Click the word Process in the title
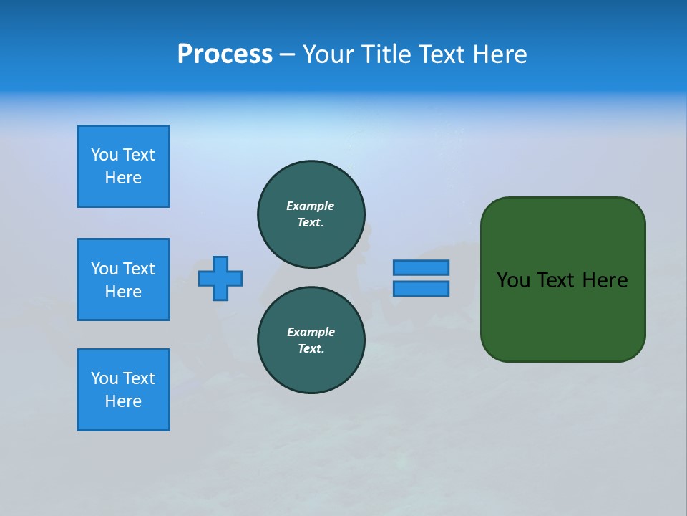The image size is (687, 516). (x=225, y=54)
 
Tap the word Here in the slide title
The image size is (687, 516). (x=498, y=54)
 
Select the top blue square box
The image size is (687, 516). (x=123, y=166)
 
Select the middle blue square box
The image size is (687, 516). (x=123, y=279)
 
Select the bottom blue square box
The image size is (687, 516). (x=123, y=390)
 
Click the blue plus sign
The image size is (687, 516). (x=220, y=278)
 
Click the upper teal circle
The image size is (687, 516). (x=311, y=214)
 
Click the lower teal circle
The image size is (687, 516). (x=311, y=340)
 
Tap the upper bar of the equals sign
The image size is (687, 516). (x=421, y=267)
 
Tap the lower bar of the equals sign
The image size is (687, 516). (x=421, y=288)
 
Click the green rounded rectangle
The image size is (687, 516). (x=563, y=315)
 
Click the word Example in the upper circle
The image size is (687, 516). (x=311, y=206)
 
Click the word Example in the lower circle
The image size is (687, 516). (x=311, y=332)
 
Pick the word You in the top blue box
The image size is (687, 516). (x=104, y=155)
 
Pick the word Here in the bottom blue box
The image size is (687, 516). (x=123, y=401)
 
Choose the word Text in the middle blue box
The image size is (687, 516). (x=139, y=269)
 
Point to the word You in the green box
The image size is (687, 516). (x=513, y=280)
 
